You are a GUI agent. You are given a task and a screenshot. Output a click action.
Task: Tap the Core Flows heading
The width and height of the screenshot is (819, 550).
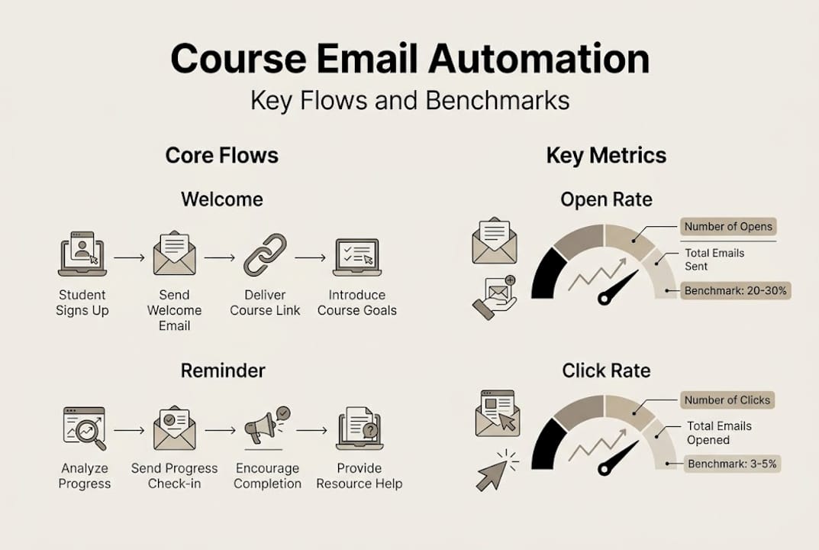tap(221, 156)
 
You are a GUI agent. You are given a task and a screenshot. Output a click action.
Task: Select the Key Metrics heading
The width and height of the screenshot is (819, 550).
tap(606, 156)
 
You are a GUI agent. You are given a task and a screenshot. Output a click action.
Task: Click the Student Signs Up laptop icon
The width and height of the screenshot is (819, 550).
tap(82, 254)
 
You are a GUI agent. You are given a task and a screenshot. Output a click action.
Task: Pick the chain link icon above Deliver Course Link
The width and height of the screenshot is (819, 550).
tap(265, 255)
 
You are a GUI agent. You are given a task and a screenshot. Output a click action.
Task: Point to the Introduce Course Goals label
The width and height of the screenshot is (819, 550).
tap(357, 302)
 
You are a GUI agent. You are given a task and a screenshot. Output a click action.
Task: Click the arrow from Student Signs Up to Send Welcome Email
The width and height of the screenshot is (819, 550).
tap(129, 258)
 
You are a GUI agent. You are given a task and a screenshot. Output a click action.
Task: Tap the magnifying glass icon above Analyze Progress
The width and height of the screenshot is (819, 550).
tap(85, 429)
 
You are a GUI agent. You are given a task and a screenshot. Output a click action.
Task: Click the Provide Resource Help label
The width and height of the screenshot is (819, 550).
tap(359, 476)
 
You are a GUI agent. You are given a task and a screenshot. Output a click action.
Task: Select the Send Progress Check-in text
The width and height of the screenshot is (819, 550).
tap(174, 476)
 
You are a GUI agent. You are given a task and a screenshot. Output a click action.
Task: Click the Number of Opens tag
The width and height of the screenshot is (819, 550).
tap(728, 226)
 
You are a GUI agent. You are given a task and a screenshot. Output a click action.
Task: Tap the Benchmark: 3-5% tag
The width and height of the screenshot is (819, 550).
tap(733, 464)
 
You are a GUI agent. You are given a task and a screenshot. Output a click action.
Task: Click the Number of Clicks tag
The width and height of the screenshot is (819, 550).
tap(727, 400)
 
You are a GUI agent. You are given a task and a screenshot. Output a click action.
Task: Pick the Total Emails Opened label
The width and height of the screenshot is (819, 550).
tap(719, 433)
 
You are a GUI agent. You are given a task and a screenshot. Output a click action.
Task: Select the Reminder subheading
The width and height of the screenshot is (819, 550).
tap(222, 371)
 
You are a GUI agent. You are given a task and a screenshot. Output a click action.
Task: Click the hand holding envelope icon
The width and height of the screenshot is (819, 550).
tap(493, 297)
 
